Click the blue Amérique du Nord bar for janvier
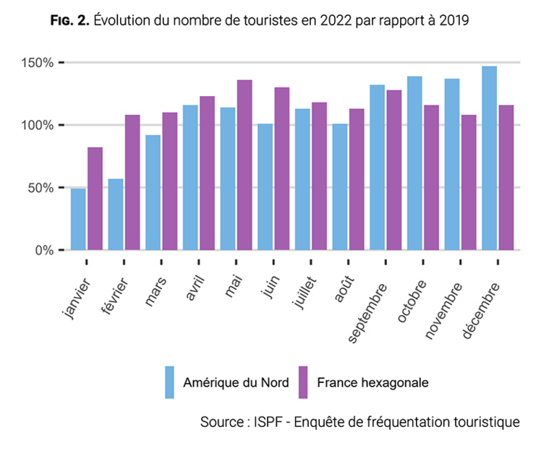click(78, 220)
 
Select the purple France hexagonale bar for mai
click(244, 165)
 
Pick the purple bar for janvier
click(95, 199)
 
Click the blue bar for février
click(116, 215)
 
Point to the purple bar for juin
click(282, 169)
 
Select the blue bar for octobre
click(414, 163)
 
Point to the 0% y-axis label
click(44, 251)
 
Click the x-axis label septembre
click(368, 311)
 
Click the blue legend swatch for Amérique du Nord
click(170, 382)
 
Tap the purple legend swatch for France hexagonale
click(302, 382)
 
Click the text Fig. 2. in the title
click(70, 20)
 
